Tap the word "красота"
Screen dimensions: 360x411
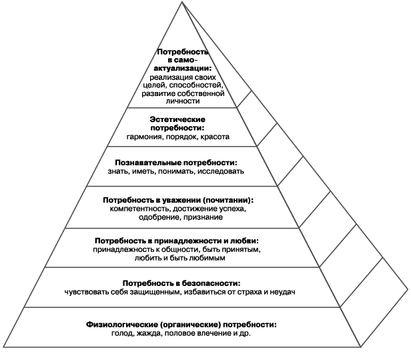pyautogui.click(x=214, y=137)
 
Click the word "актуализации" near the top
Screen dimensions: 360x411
pyautogui.click(x=183, y=68)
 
